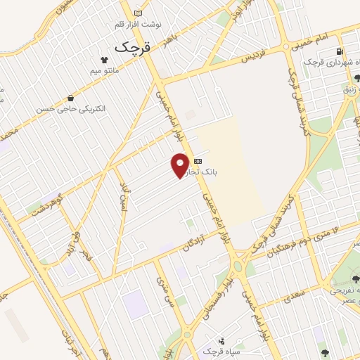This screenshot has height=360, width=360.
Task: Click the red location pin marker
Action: click(181, 165)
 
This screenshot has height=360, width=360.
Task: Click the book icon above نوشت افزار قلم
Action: click(138, 13)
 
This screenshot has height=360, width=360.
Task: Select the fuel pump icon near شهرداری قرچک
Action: click(340, 51)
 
